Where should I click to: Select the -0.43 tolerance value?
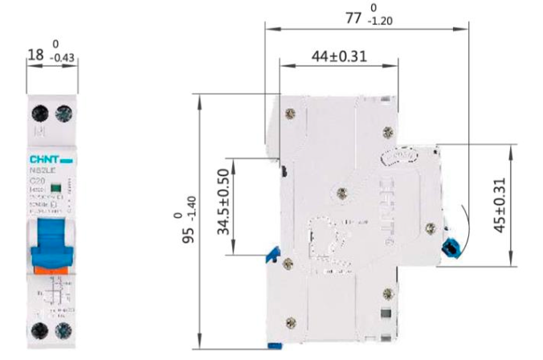pyautogui.click(x=61, y=59)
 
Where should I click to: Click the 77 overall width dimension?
pyautogui.click(x=353, y=17)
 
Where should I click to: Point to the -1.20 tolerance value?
pyautogui.click(x=381, y=22)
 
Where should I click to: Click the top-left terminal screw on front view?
pyautogui.click(x=37, y=111)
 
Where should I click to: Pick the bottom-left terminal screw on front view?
pyautogui.click(x=37, y=329)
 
